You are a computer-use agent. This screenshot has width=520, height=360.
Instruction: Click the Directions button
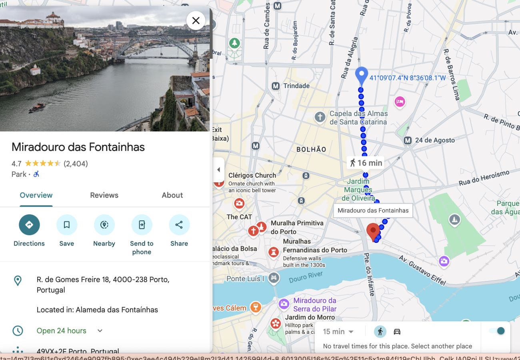click(x=29, y=225)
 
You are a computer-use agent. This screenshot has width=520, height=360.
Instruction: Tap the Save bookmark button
click(x=67, y=225)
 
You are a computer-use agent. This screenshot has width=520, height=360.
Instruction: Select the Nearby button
click(x=104, y=225)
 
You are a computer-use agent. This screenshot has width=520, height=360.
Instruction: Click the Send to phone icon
click(x=142, y=225)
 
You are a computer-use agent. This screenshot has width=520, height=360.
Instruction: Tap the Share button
click(x=179, y=225)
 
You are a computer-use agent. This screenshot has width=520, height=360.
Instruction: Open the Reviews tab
click(x=104, y=195)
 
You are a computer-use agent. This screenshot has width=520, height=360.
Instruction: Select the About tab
click(x=172, y=195)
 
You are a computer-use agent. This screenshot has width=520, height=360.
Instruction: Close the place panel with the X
click(x=196, y=20)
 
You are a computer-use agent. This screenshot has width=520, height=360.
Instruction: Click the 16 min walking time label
click(x=366, y=163)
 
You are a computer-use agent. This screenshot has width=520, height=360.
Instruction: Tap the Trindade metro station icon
click(x=276, y=86)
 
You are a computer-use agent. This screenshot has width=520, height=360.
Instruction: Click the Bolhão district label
click(x=311, y=150)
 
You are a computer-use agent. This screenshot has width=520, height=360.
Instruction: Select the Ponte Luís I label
click(x=245, y=279)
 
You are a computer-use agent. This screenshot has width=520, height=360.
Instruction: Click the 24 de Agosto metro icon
click(x=408, y=140)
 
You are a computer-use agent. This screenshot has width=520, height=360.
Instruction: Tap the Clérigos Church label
click(x=252, y=175)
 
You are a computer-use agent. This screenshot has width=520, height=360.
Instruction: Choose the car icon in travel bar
click(x=397, y=332)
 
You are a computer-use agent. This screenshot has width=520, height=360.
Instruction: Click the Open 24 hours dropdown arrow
click(x=100, y=331)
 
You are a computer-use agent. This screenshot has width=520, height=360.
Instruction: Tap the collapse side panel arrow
click(x=218, y=170)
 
